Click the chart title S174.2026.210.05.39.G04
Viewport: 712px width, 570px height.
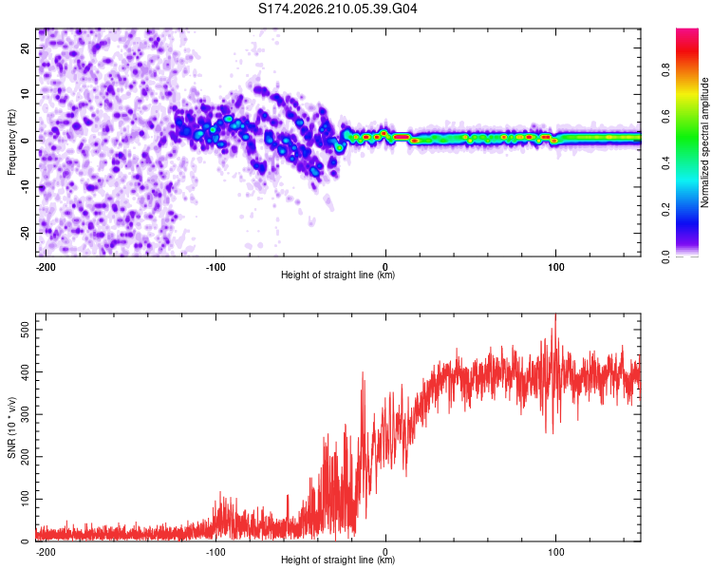(x=337, y=9)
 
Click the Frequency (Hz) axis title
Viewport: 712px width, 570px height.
(x=11, y=142)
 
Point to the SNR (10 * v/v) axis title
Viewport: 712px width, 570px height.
(x=11, y=427)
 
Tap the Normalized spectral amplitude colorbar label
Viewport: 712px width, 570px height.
(x=704, y=142)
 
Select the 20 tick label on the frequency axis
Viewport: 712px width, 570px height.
(x=25, y=48)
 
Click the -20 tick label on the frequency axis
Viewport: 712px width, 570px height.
(x=25, y=234)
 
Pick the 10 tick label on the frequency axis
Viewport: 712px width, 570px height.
(x=25, y=95)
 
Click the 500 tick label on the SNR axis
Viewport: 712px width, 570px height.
(x=25, y=330)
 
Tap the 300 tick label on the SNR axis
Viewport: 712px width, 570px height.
(x=25, y=414)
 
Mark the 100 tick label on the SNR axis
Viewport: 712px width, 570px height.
(x=25, y=499)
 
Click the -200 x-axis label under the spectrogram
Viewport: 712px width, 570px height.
(x=46, y=267)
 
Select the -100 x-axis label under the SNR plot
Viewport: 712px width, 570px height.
(x=215, y=552)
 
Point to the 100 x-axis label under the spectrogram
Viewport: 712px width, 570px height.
(x=555, y=267)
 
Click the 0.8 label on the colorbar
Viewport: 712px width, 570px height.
(x=665, y=70)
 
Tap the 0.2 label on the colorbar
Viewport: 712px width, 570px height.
(x=665, y=210)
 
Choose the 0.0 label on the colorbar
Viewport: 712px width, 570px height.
(x=665, y=256)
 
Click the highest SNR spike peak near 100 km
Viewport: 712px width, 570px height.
(x=555, y=314)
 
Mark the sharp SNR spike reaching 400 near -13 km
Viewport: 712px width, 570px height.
(x=363, y=372)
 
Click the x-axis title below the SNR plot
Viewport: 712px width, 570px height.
(x=338, y=560)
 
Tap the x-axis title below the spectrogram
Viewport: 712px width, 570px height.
(x=338, y=275)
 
